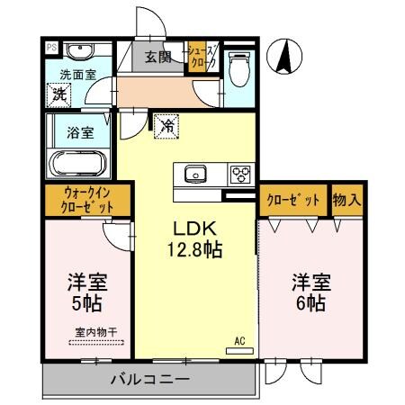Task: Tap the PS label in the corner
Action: click(51, 48)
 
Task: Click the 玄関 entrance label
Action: click(159, 58)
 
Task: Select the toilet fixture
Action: click(239, 64)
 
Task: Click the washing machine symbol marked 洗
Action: click(60, 93)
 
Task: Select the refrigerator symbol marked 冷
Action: click(166, 127)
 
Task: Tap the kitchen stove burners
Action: click(241, 174)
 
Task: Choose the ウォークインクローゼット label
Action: click(88, 200)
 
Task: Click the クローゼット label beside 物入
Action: click(293, 200)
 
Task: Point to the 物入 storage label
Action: click(346, 200)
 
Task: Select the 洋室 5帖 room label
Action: click(85, 292)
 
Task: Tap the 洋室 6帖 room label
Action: click(310, 292)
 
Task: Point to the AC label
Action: click(239, 341)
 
